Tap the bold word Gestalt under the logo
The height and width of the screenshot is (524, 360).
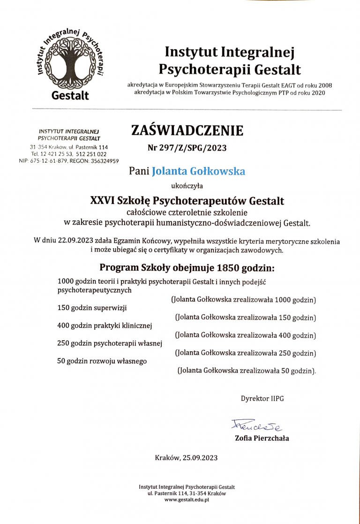click(x=70, y=95)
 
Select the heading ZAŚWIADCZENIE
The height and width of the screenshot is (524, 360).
click(x=187, y=130)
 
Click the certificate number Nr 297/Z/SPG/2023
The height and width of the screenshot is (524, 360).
click(x=187, y=148)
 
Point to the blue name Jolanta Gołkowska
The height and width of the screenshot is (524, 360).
click(x=199, y=171)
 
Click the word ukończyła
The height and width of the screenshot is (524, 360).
click(x=187, y=186)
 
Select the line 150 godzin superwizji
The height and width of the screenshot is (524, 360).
click(x=92, y=308)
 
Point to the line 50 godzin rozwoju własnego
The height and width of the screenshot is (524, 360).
click(x=102, y=361)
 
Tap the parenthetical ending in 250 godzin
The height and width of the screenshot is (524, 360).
click(x=245, y=353)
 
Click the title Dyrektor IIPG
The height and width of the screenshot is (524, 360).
click(x=262, y=399)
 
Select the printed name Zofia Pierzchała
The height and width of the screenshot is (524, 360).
click(x=262, y=438)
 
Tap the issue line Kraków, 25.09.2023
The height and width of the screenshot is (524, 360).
click(x=186, y=457)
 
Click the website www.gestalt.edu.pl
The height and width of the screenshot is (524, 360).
click(x=187, y=500)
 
